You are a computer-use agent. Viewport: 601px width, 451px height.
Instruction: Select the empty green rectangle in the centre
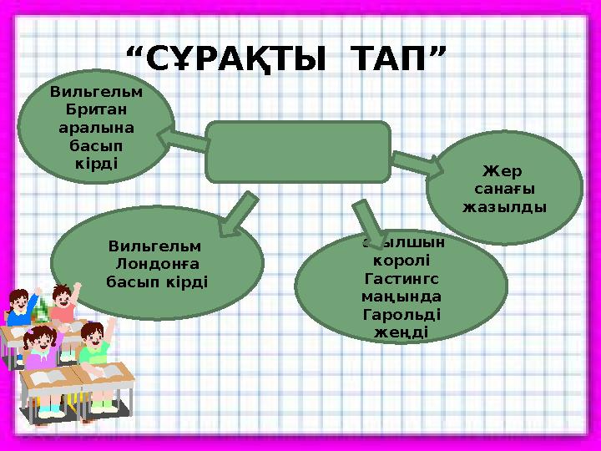[x=298, y=152]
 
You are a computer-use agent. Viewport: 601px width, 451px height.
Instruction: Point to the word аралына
[x=97, y=128]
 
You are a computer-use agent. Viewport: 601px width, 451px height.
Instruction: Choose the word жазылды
[x=505, y=205]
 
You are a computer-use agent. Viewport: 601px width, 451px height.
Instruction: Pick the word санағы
[x=505, y=189]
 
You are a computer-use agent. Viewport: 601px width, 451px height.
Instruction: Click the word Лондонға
[x=157, y=264]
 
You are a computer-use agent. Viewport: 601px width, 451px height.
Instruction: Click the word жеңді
[x=402, y=332]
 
